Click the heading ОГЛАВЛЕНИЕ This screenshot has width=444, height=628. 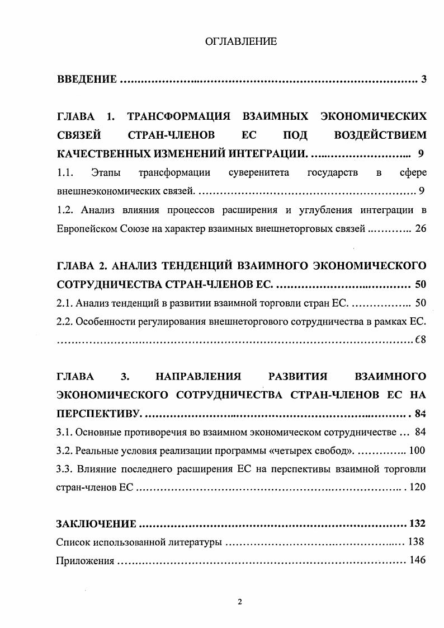[x=241, y=41]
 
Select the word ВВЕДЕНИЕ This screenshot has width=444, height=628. [x=87, y=79]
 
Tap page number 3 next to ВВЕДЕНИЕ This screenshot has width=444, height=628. [x=424, y=79]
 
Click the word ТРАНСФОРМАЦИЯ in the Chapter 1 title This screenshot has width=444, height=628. [x=180, y=117]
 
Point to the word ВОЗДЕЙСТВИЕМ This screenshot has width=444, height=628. [x=380, y=135]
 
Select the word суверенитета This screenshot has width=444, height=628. [x=259, y=173]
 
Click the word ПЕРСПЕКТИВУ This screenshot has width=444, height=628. [x=99, y=414]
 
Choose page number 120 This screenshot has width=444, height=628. [x=418, y=487]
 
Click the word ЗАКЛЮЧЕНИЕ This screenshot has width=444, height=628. [x=96, y=524]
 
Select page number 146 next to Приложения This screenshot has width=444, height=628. [x=418, y=560]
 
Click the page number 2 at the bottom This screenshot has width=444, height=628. [x=240, y=602]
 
